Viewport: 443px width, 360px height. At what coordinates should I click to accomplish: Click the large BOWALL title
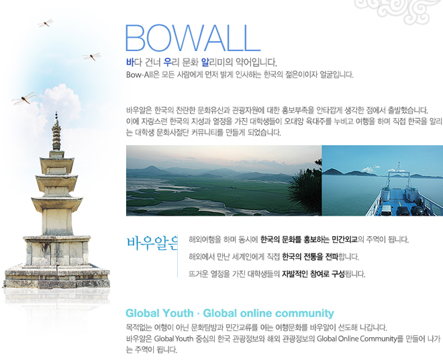point(193,38)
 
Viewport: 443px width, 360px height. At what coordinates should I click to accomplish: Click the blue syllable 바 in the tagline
point(130,62)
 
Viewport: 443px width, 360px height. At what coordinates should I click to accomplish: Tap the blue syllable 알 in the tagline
point(205,62)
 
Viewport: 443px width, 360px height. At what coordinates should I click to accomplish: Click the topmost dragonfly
point(46,24)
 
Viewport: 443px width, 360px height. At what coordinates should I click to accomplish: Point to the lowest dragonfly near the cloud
point(24,98)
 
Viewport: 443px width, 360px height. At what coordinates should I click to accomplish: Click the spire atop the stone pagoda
point(56,131)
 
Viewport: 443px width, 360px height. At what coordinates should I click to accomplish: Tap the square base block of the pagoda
point(57,251)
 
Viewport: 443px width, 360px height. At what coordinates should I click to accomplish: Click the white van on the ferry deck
point(386,210)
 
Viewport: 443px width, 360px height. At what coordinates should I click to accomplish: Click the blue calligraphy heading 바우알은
point(152,243)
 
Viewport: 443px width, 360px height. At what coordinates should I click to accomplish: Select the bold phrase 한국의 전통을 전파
point(310,257)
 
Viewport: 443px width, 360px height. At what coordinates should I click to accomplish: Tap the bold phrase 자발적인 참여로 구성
point(313,274)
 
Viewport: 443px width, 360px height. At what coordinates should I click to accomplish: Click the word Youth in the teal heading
point(178,314)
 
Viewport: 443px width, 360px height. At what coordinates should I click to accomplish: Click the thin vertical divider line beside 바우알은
point(177,256)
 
